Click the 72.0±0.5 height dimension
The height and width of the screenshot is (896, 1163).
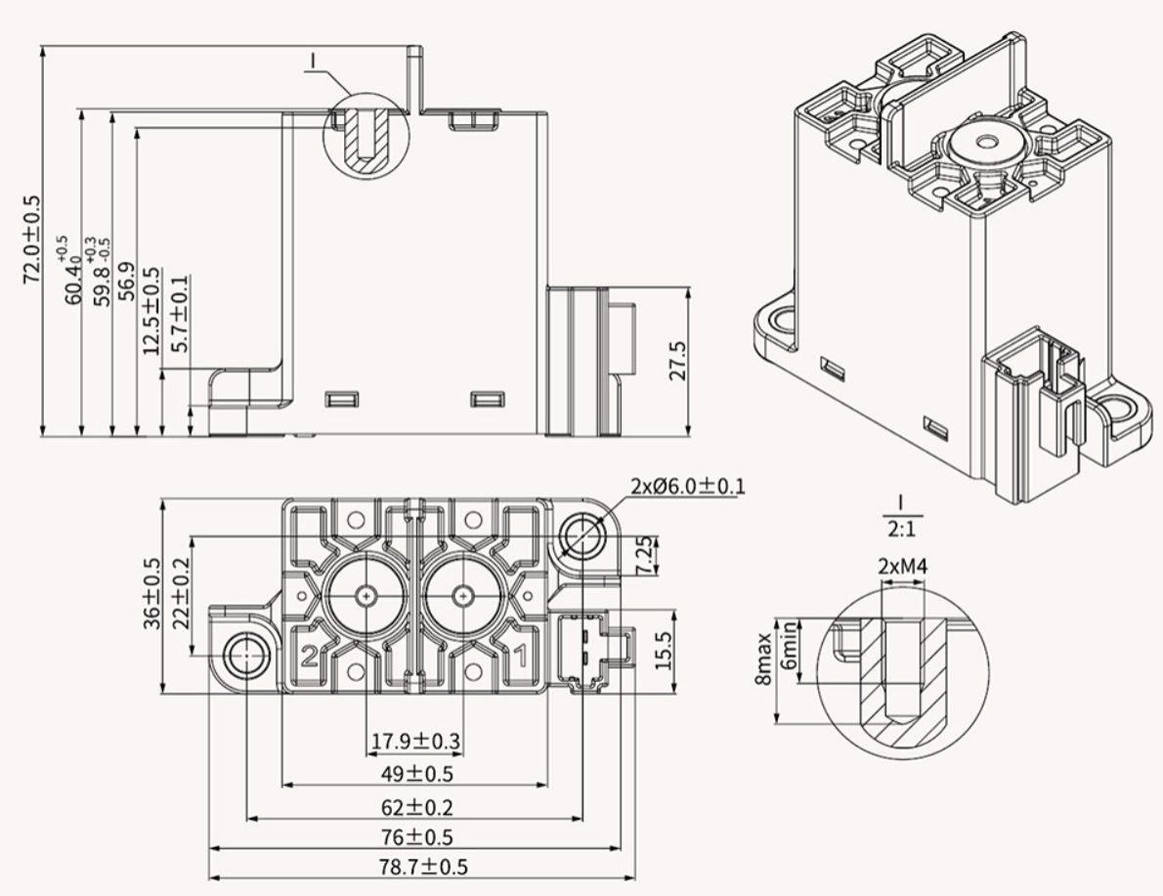tap(32, 239)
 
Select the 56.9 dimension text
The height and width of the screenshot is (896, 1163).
tap(126, 283)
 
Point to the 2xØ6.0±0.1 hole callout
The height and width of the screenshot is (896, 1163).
tap(687, 486)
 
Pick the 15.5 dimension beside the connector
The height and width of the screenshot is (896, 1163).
tap(663, 651)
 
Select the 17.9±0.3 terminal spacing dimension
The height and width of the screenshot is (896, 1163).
tap(414, 742)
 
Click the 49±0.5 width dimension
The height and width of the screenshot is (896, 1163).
tap(414, 774)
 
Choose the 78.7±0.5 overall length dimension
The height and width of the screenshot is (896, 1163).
tap(414, 867)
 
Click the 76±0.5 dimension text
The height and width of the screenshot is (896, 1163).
tap(414, 837)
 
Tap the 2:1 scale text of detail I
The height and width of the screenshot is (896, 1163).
tap(901, 529)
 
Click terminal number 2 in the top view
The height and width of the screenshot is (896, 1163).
tap(308, 657)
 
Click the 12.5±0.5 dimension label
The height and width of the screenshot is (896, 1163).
tap(151, 311)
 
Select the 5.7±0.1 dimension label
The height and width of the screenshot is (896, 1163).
tap(180, 315)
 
